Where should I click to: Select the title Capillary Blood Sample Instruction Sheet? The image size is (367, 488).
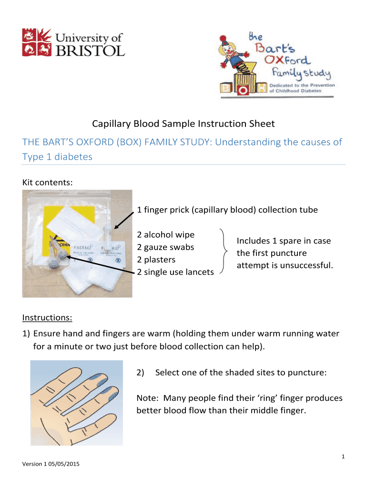[183, 124]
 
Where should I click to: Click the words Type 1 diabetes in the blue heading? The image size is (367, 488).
[57, 157]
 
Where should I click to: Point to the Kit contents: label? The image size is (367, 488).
[47, 182]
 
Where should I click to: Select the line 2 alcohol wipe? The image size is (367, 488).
[165, 235]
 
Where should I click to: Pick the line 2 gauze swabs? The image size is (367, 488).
[165, 247]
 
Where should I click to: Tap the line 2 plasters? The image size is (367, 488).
[156, 260]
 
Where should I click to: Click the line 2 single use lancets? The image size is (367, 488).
[175, 272]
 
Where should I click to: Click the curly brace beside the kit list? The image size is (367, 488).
[224, 253]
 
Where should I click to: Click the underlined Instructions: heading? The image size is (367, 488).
[47, 317]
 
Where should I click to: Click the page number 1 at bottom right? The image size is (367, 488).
[343, 457]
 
